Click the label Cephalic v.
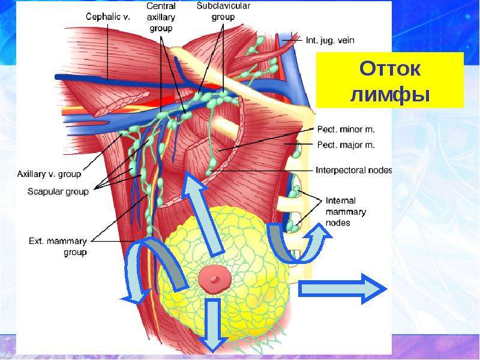(x=108, y=17)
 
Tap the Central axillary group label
(x=161, y=17)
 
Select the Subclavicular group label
(x=223, y=11)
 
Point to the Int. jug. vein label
(x=330, y=40)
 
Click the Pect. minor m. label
(x=346, y=130)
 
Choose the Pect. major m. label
(x=346, y=145)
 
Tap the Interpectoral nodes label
(x=353, y=170)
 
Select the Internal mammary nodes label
(x=346, y=212)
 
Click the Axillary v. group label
(x=49, y=174)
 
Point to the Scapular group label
(x=58, y=191)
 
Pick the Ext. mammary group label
(x=58, y=247)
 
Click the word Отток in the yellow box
(x=390, y=68)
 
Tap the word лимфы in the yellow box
(x=390, y=94)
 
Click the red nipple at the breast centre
(x=214, y=279)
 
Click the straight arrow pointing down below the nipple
(x=212, y=325)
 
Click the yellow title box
(x=390, y=80)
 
